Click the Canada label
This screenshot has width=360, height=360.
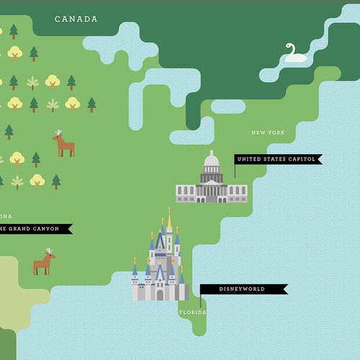[x=76, y=19]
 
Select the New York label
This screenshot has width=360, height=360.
[x=268, y=132]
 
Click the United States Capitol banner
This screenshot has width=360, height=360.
[x=278, y=160]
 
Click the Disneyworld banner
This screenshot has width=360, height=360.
[x=243, y=289]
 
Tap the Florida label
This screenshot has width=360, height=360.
[x=192, y=312]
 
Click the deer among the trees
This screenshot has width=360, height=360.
[x=64, y=145]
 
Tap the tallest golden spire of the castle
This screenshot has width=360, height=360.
[x=169, y=216]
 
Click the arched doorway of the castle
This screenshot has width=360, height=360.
[x=160, y=294]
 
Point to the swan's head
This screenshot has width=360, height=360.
[x=290, y=45]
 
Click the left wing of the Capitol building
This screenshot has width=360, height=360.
[x=185, y=192]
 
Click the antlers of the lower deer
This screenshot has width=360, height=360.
[x=49, y=251]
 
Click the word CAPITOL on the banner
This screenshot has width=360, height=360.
[x=297, y=160]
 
